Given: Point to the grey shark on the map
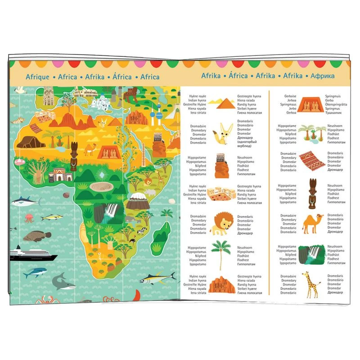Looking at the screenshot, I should [x=63, y=282].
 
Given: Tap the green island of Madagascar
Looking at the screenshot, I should [x=162, y=234].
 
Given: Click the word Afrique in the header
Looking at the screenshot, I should [x=37, y=77].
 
